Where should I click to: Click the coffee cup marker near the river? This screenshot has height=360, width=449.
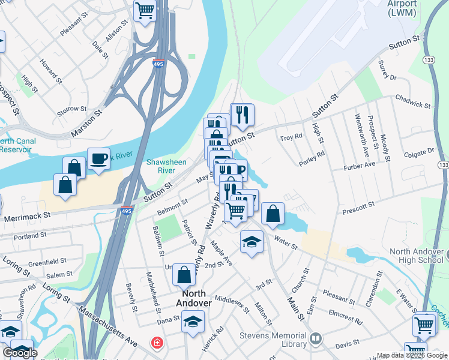98,160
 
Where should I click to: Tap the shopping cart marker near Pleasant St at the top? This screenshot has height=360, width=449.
145,10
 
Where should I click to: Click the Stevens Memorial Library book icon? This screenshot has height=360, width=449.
316,340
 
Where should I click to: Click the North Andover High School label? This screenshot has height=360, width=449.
417,256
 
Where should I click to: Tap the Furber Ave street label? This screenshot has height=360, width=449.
360,164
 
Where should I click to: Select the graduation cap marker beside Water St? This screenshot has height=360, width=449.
252,242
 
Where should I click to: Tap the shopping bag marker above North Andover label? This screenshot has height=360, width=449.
184,275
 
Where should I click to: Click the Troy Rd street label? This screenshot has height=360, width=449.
291,139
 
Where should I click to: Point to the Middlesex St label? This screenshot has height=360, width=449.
232,303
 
